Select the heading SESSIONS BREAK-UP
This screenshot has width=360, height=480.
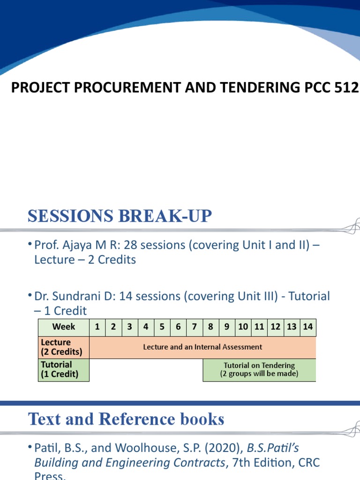(120, 216)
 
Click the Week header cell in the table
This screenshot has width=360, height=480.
(64, 327)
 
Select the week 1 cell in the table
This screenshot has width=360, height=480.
(97, 327)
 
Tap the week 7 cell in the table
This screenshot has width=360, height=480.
(194, 327)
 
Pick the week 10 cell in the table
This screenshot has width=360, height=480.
(243, 327)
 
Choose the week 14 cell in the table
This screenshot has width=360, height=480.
(308, 327)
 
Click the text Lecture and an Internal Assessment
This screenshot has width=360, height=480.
(202, 347)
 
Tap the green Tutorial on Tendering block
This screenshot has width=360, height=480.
(259, 370)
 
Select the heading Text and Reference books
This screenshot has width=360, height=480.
(126, 419)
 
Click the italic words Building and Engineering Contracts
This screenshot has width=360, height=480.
(128, 463)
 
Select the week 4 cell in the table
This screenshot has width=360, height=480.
(146, 327)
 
